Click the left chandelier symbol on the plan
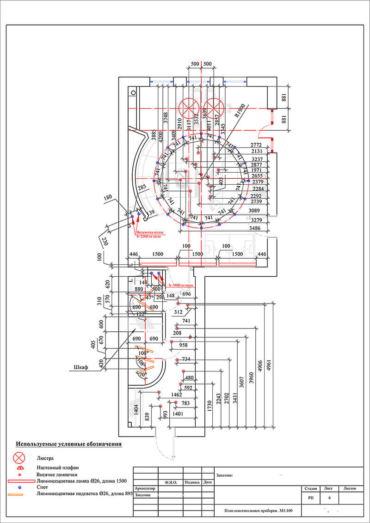tap(189, 107)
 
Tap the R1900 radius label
tap(239, 111)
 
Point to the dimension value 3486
tap(257, 228)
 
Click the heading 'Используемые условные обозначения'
tap(69, 444)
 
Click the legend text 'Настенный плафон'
tap(56, 467)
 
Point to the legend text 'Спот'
tap(41, 487)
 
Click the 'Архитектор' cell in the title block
tap(145, 488)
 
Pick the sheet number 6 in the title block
tap(329, 498)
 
